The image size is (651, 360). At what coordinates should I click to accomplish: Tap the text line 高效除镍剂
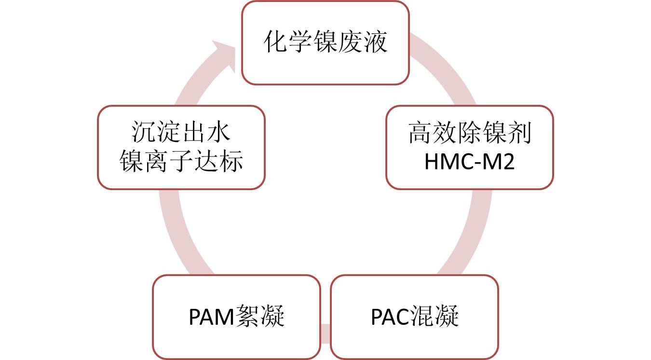click(469, 134)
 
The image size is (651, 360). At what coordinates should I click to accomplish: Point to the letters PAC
click(390, 317)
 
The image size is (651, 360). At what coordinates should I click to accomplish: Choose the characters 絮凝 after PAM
click(259, 317)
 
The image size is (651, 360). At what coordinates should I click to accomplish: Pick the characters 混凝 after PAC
click(434, 317)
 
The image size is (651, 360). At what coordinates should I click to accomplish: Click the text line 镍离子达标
click(181, 162)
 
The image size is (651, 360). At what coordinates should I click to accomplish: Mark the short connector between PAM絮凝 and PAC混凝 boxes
click(325, 333)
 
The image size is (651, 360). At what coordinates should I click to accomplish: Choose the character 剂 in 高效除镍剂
click(520, 134)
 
